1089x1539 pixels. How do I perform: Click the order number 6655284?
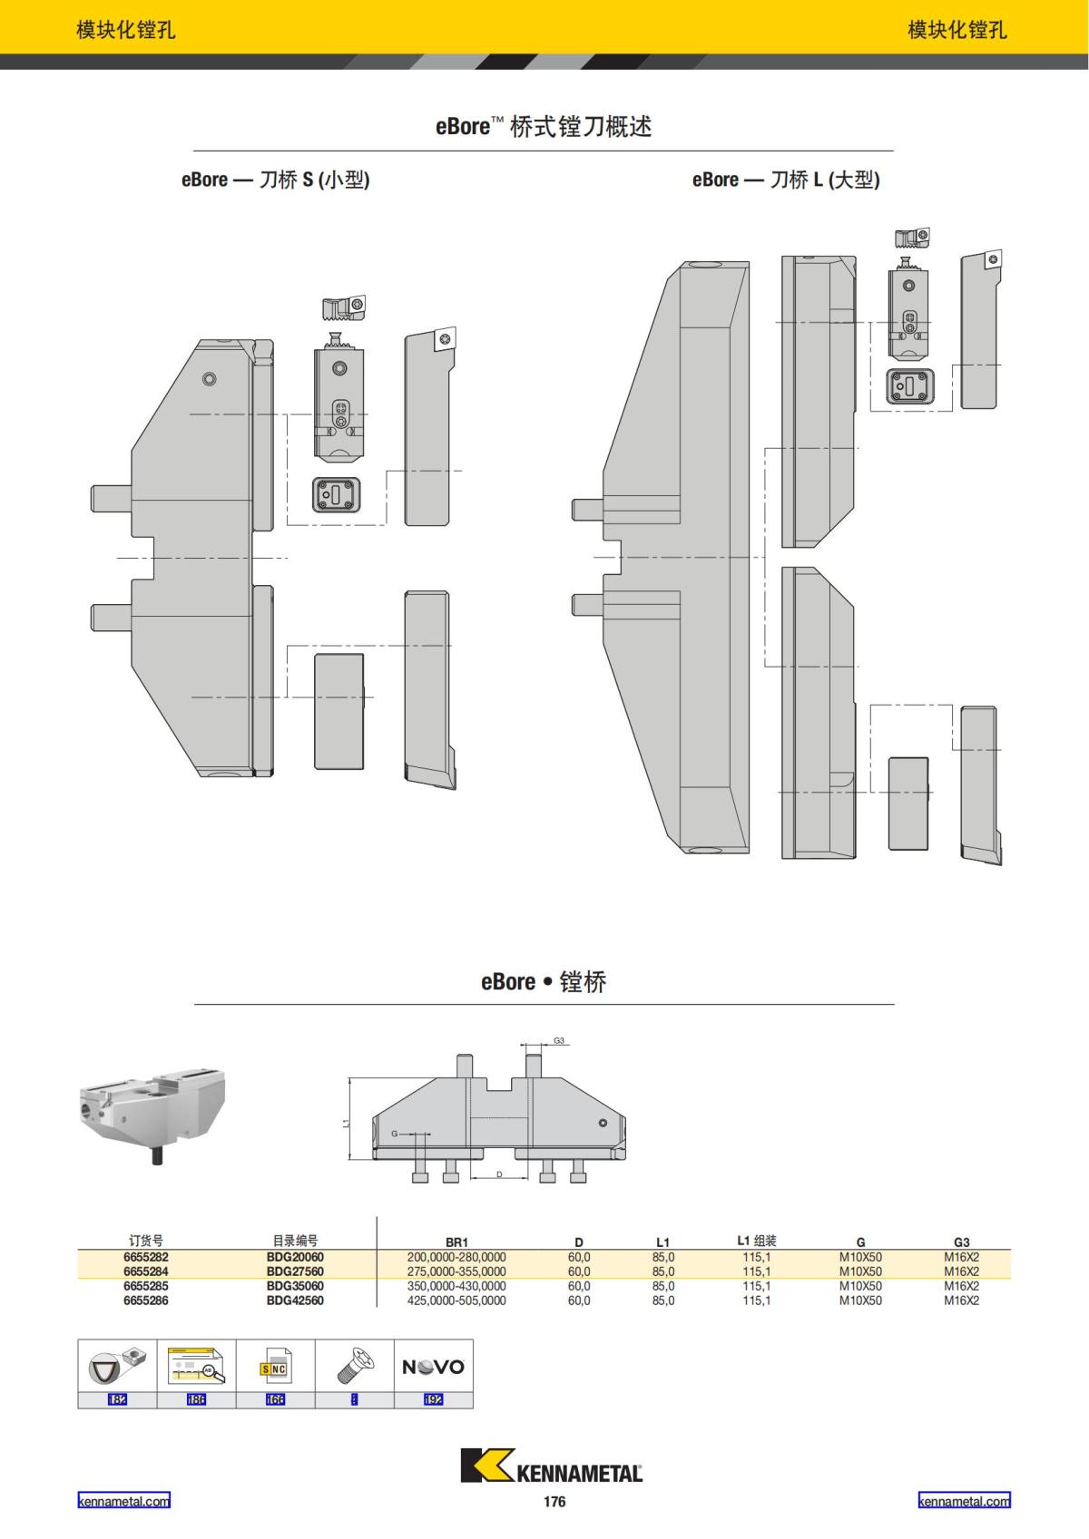146,1271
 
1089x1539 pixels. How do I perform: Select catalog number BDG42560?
295,1300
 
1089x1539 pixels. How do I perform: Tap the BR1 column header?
456,1242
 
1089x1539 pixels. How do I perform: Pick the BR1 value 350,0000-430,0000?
456,1286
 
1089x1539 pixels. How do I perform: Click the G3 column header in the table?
961,1242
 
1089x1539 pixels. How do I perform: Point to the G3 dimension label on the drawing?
559,1040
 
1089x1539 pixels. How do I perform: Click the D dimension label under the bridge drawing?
499,1174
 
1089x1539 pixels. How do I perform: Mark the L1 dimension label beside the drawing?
345,1123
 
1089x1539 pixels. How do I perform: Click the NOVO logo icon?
433,1367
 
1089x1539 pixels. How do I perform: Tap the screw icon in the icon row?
354,1364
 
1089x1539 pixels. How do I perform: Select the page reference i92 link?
433,1399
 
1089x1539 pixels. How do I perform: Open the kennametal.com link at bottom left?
123,1501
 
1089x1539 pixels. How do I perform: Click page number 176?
554,1502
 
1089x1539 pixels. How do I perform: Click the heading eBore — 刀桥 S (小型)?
275,180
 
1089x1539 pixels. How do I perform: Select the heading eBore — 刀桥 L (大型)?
785,180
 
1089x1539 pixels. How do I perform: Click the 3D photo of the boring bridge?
152,1114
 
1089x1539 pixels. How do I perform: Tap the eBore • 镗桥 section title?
544,982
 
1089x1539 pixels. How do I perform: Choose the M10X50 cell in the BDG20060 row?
859,1257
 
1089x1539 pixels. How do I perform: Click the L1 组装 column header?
756,1241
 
